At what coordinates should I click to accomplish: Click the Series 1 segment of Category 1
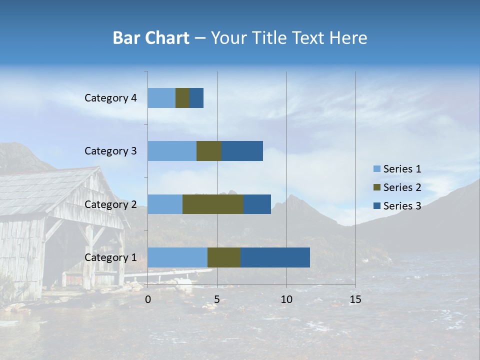(177, 257)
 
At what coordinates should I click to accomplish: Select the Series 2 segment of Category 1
(224, 257)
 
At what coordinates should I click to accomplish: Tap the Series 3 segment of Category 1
(275, 257)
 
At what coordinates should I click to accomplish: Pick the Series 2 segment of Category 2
(213, 204)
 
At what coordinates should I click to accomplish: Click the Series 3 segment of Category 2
(257, 204)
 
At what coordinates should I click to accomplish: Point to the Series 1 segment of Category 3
(172, 151)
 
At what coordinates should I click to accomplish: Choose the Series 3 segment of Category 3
(242, 151)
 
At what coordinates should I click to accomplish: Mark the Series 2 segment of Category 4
(182, 98)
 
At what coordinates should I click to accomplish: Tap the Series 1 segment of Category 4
(161, 98)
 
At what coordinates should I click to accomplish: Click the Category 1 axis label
(110, 257)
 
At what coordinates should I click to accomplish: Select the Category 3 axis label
(110, 151)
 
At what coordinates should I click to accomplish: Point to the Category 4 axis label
(110, 98)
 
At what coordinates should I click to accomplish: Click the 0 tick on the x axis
(148, 299)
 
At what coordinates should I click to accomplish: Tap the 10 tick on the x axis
(286, 299)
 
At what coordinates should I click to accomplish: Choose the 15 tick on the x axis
(355, 299)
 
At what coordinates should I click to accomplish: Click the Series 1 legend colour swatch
(377, 169)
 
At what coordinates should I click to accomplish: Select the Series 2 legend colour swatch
(377, 187)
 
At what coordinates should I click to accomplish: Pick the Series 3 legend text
(402, 206)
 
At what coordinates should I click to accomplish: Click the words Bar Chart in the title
(151, 38)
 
